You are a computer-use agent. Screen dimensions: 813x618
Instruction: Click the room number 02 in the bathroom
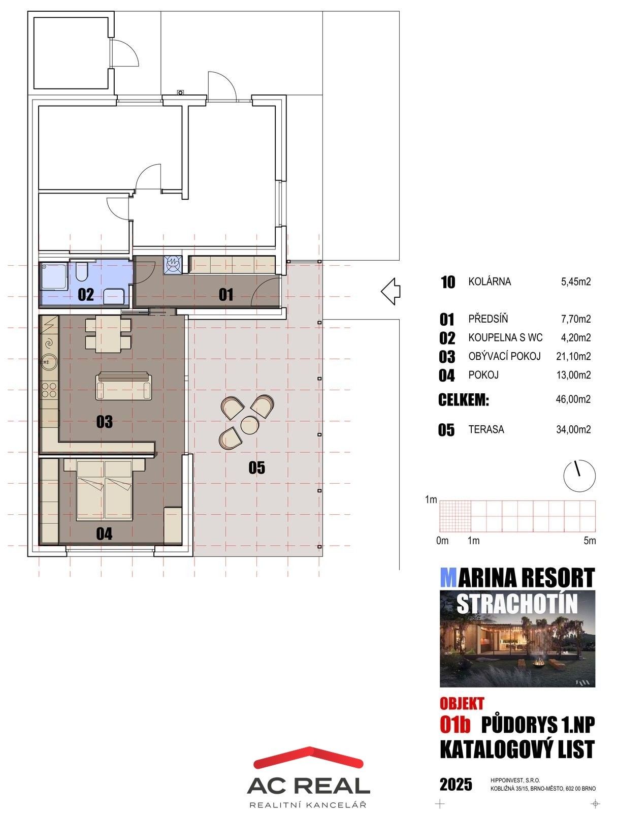point(85,295)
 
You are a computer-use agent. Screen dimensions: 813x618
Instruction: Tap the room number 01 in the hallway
point(225,294)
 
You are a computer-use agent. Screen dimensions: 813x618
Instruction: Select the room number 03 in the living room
point(104,422)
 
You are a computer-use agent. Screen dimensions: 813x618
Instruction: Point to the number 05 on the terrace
point(256,467)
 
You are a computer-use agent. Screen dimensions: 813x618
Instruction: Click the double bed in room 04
point(105,490)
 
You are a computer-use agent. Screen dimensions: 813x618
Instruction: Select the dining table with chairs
point(108,333)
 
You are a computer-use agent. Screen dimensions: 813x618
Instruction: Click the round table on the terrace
point(249,425)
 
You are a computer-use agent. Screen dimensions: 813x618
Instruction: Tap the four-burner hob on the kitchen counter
point(49,390)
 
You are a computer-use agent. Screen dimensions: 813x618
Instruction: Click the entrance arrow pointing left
point(391,291)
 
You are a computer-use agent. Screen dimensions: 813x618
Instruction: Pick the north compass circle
point(579,476)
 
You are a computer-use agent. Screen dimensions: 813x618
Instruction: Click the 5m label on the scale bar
point(590,541)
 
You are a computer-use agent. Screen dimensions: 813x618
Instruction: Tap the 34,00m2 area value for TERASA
point(573,430)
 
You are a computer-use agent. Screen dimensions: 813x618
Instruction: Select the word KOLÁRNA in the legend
point(489,282)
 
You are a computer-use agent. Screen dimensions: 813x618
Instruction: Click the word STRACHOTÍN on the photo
point(517,603)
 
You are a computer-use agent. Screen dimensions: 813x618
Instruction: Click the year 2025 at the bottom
point(456,785)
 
